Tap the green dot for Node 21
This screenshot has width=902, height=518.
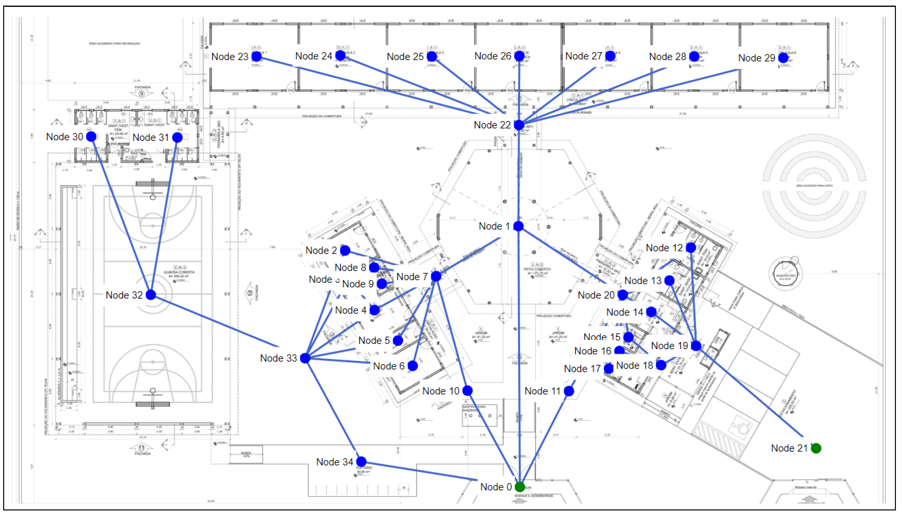pos(816,448)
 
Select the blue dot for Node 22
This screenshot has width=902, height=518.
pos(519,125)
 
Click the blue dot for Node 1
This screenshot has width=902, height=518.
pos(519,226)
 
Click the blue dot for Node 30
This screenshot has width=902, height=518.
pos(91,136)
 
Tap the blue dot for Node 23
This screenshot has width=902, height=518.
pos(256,56)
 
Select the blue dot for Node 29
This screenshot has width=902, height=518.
pos(783,58)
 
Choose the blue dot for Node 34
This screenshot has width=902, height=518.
pos(361,461)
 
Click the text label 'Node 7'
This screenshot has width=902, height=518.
pos(412,276)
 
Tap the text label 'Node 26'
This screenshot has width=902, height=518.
pos(492,56)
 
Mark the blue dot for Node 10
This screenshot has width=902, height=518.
pos(467,390)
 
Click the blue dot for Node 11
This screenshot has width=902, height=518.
pos(569,391)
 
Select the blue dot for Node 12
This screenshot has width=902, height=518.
pos(691,248)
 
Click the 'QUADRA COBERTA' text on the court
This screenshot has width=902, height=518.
pos(179,272)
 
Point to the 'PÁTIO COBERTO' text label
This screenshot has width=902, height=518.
pos(537,269)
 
